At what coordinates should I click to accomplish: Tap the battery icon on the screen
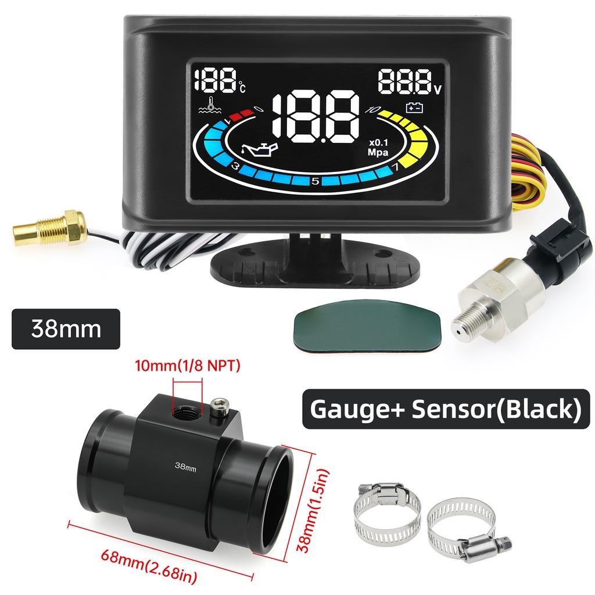coord(414,109)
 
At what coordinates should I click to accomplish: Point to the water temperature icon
coord(212,106)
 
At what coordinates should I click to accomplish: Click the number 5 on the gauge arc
coord(315,181)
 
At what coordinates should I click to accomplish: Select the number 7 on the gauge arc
coord(395,167)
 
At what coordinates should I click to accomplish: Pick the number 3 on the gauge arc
coord(235,166)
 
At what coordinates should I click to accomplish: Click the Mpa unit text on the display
coord(378,153)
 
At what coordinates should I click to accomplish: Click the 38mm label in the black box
coord(66,329)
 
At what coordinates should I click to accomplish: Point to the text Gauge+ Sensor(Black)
coord(446,409)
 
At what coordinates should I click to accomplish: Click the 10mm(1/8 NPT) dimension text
coord(188,365)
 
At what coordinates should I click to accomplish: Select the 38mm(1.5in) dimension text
coord(312,510)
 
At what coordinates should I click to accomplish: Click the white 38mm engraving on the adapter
coord(185,467)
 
